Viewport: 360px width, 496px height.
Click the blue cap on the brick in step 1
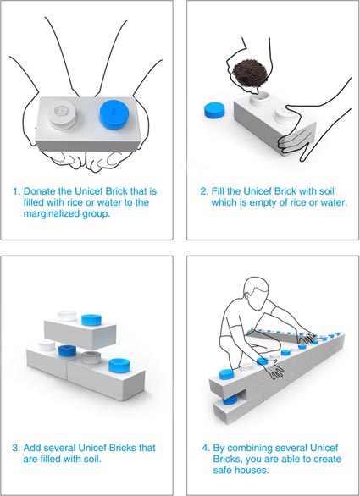pyautogui.click(x=114, y=115)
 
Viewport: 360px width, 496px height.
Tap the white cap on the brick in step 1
pyautogui.click(x=63, y=114)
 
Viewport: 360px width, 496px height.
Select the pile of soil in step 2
pyautogui.click(x=250, y=74)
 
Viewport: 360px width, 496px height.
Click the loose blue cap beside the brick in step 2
pyautogui.click(x=214, y=110)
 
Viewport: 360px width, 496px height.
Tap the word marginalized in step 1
pyautogui.click(x=51, y=213)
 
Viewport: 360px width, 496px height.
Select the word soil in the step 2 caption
pyautogui.click(x=325, y=191)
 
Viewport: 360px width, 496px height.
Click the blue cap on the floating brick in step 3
pyautogui.click(x=91, y=320)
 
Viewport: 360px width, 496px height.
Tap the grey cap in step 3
pyautogui.click(x=91, y=358)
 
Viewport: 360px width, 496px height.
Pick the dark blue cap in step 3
pyautogui.click(x=68, y=350)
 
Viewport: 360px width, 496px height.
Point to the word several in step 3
pyautogui.click(x=59, y=448)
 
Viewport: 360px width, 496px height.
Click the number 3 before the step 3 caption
pyautogui.click(x=16, y=448)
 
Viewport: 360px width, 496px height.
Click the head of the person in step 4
pyautogui.click(x=257, y=293)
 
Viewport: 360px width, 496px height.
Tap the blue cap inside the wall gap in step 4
pyautogui.click(x=230, y=401)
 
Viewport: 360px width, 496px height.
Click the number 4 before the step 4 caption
pyautogui.click(x=206, y=448)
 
